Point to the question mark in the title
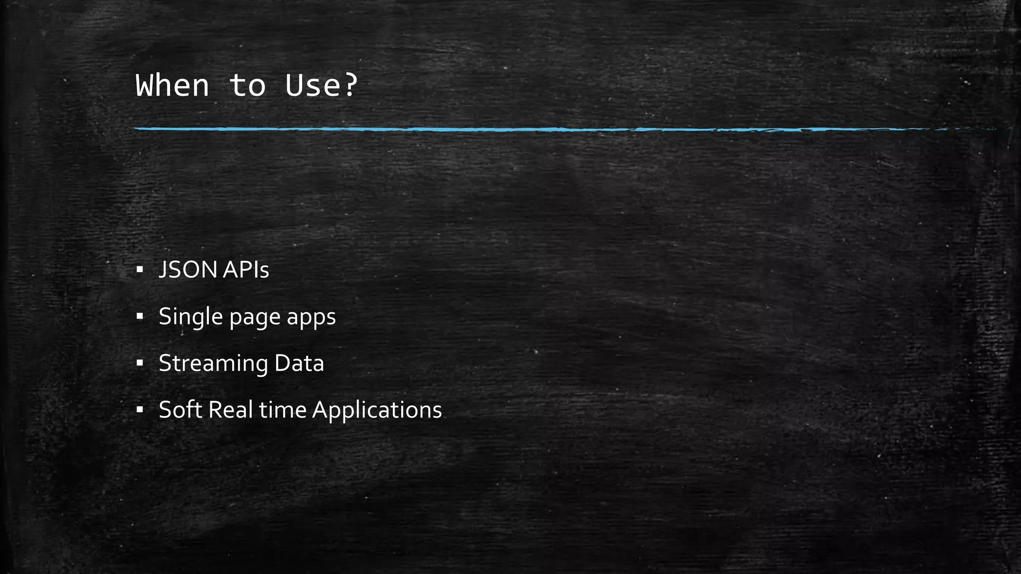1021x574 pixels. pyautogui.click(x=350, y=85)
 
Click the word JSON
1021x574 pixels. pyautogui.click(x=188, y=270)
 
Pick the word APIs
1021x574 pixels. pyautogui.click(x=246, y=270)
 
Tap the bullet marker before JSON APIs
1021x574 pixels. pyautogui.click(x=140, y=270)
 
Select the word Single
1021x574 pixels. pyautogui.click(x=190, y=317)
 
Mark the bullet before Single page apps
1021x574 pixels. pyautogui.click(x=140, y=317)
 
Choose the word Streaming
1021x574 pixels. pyautogui.click(x=213, y=364)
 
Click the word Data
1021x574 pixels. pyautogui.click(x=299, y=363)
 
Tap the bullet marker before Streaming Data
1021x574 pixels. pyautogui.click(x=140, y=363)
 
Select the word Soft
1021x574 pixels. pyautogui.click(x=180, y=410)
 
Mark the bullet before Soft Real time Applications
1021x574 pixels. pyautogui.click(x=140, y=410)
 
